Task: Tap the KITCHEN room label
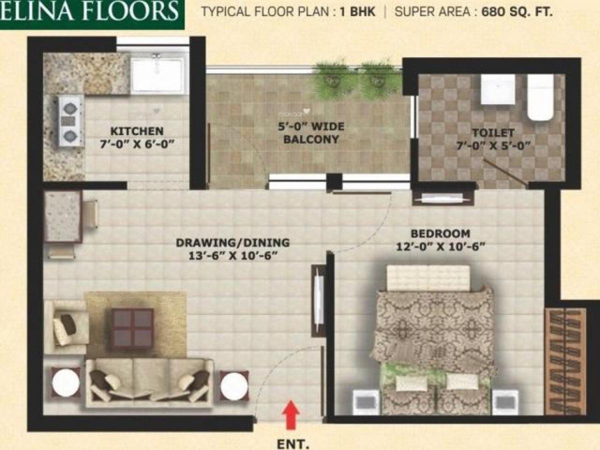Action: coord(136,131)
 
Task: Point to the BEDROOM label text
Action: coord(440,233)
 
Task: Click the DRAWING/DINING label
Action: coord(232,243)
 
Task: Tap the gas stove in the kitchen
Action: coord(70,120)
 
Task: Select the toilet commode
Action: coord(540,97)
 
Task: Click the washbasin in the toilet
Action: coord(497,89)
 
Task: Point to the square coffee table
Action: coord(132,328)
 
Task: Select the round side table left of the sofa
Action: coord(65,383)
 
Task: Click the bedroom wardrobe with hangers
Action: coord(565,360)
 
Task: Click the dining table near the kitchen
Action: coord(63,216)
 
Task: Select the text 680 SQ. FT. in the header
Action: coord(517,12)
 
